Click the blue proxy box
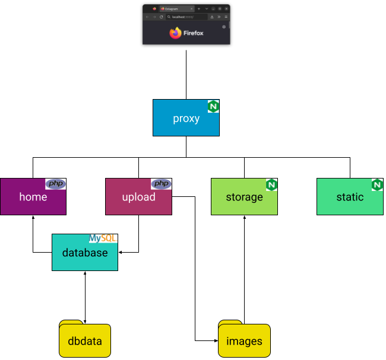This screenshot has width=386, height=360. click(x=186, y=119)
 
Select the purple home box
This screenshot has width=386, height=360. click(x=33, y=197)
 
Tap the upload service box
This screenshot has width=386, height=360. click(x=138, y=197)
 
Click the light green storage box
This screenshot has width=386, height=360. click(x=244, y=197)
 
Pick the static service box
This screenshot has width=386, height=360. click(x=350, y=197)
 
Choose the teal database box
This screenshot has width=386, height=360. click(x=85, y=253)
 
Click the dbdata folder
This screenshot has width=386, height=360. click(x=85, y=340)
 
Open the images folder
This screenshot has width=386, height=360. click(x=244, y=340)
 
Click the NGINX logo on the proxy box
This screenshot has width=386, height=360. click(x=213, y=106)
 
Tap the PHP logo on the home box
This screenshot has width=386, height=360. click(x=56, y=184)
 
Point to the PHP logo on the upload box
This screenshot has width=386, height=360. click(x=161, y=184)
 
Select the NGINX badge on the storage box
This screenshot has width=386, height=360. click(x=271, y=185)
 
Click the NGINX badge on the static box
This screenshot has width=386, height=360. click(x=377, y=185)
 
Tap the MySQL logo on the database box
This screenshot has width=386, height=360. click(x=103, y=238)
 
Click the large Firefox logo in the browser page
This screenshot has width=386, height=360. click(x=175, y=33)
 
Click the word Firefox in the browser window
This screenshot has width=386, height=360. click(x=194, y=33)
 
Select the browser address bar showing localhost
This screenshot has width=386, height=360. click(x=186, y=17)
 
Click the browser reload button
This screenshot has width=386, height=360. click(x=161, y=17)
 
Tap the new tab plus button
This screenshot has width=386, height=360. click(x=199, y=9)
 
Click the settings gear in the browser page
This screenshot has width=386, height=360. click(x=224, y=27)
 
